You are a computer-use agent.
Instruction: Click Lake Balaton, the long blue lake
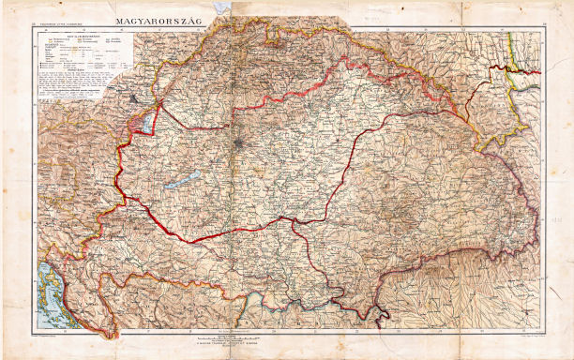coord(184,179)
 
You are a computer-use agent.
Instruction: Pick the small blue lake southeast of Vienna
coord(147,122)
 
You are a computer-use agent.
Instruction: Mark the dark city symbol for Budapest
coord(241,142)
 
